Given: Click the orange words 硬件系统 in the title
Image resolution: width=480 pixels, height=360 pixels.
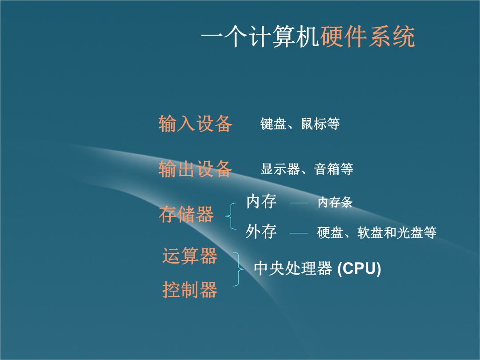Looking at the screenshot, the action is (x=368, y=37).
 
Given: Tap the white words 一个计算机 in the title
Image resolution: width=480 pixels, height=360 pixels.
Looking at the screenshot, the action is (x=260, y=37).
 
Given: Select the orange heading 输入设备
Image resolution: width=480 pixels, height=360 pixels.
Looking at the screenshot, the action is (x=195, y=124).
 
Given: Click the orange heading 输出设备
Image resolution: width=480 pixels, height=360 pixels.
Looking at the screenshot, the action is (x=195, y=169).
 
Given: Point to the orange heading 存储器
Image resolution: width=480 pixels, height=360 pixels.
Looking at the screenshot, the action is (x=186, y=214).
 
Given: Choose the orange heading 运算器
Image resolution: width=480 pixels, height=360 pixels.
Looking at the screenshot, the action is (x=190, y=256).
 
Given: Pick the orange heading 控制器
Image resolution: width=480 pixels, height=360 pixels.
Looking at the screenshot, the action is (x=190, y=289).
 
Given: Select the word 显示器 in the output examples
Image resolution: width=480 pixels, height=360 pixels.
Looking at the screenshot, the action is (x=280, y=169).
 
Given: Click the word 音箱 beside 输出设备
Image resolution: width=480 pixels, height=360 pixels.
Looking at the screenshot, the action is (x=327, y=169).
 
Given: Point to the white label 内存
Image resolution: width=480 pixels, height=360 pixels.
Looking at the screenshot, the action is (x=261, y=201).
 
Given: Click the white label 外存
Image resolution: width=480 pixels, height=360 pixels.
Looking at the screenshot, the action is (x=261, y=231).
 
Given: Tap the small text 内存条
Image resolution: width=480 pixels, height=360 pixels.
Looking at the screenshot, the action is (x=335, y=202).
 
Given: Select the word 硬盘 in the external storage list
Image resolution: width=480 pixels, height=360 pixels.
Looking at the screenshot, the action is (x=330, y=232).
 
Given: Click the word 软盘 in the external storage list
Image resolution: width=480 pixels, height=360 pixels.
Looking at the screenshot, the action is (x=370, y=232).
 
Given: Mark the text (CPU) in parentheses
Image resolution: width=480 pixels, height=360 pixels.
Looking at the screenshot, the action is (x=359, y=269).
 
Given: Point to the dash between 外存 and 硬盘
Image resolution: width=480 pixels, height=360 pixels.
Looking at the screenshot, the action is (x=299, y=233).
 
